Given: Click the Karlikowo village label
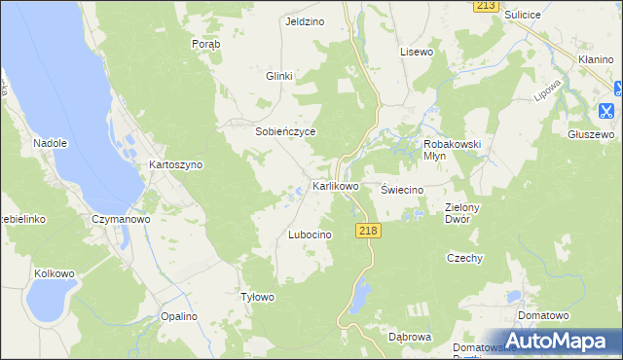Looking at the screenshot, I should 335,185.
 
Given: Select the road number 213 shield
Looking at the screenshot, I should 488,6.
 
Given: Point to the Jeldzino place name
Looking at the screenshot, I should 303,21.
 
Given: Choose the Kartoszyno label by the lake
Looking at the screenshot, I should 175,165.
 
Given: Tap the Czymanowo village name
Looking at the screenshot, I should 119,220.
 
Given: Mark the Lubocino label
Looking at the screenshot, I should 311,235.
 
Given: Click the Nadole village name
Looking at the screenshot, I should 50,143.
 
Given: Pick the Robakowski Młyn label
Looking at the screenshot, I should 454,150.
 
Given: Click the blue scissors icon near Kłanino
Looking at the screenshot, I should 607,111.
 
